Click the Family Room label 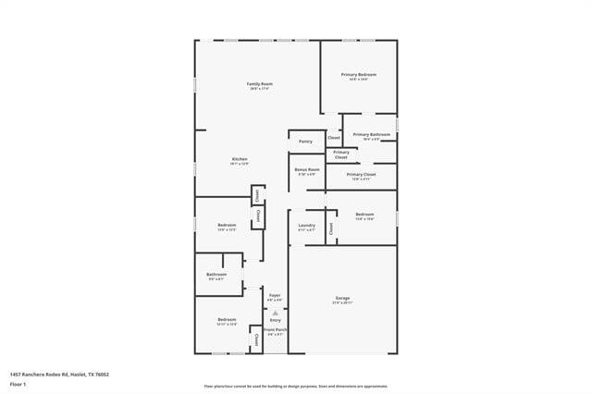pyautogui.click(x=259, y=84)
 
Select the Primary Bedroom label pyautogui.click(x=359, y=75)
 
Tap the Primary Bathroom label pyautogui.click(x=371, y=135)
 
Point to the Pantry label pyautogui.click(x=305, y=142)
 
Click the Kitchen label pyautogui.click(x=240, y=159)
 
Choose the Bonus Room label pyautogui.click(x=307, y=170)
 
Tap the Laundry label pyautogui.click(x=307, y=226)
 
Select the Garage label pyautogui.click(x=342, y=299)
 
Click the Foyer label pyautogui.click(x=275, y=296)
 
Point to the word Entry pyautogui.click(x=276, y=320)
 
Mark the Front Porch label pyautogui.click(x=275, y=330)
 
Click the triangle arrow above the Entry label pyautogui.click(x=275, y=314)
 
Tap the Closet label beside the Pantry pyautogui.click(x=334, y=138)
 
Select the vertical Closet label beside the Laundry pyautogui.click(x=329, y=227)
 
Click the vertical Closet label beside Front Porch pyautogui.click(x=256, y=339)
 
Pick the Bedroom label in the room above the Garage pyautogui.click(x=364, y=215)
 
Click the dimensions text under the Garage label pyautogui.click(x=342, y=303)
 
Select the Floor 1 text pyautogui.click(x=18, y=383)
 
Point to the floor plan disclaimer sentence pyautogui.click(x=296, y=387)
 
